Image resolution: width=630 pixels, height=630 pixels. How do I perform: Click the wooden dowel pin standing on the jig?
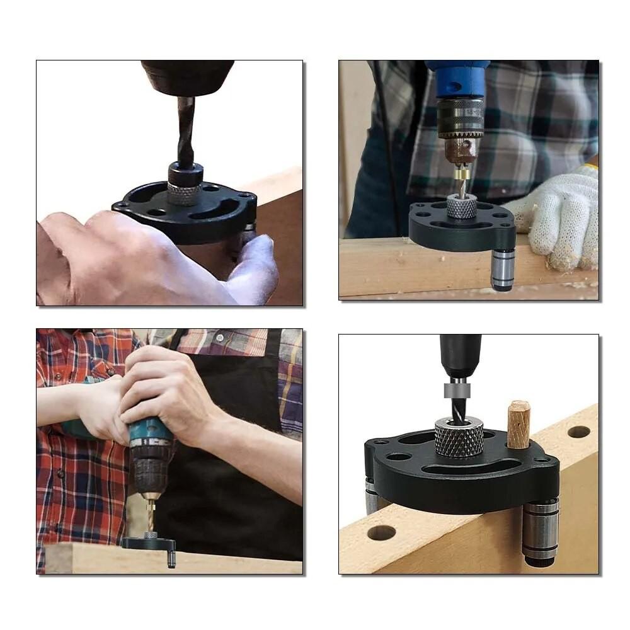(x=518, y=425)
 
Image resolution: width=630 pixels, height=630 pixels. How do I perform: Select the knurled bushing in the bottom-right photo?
(x=459, y=437)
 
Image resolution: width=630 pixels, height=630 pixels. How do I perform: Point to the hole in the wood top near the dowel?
(x=578, y=432)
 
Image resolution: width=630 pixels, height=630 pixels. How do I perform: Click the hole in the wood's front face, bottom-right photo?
(x=381, y=532)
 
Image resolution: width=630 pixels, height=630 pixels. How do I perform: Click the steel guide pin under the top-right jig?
(x=503, y=269)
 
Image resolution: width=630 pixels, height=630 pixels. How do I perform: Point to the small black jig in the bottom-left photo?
(x=149, y=543)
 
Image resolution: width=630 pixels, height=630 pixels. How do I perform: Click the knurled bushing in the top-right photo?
(x=461, y=207)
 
